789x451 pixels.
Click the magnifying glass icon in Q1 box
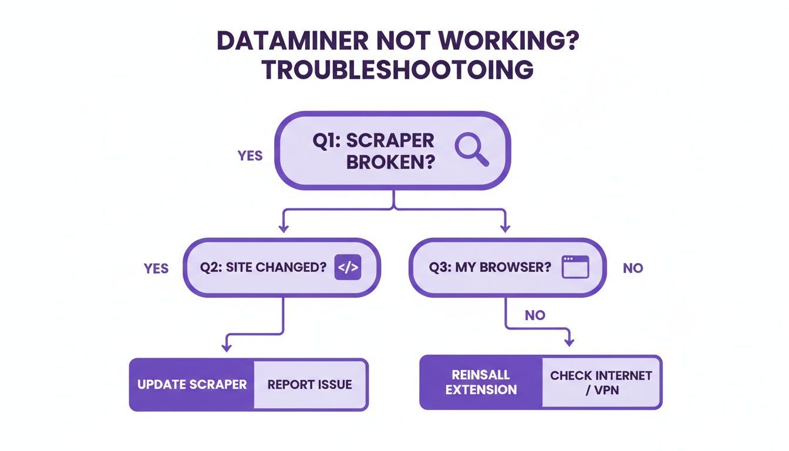(471, 149)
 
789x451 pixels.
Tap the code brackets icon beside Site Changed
(348, 267)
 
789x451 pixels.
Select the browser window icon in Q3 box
(575, 267)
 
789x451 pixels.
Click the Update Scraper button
(192, 385)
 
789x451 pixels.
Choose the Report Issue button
(309, 385)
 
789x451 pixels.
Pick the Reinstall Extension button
(481, 382)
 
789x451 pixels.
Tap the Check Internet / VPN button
(601, 382)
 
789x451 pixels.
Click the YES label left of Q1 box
(249, 156)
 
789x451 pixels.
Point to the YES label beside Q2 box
(156, 268)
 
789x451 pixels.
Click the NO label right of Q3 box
(633, 268)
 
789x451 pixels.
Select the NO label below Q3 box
(535, 315)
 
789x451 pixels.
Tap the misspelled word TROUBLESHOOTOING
(397, 70)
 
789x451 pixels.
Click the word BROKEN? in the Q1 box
(390, 162)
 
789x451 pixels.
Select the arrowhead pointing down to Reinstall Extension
(568, 342)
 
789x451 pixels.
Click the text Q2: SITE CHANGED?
(263, 267)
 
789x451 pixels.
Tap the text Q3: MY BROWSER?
(490, 267)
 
